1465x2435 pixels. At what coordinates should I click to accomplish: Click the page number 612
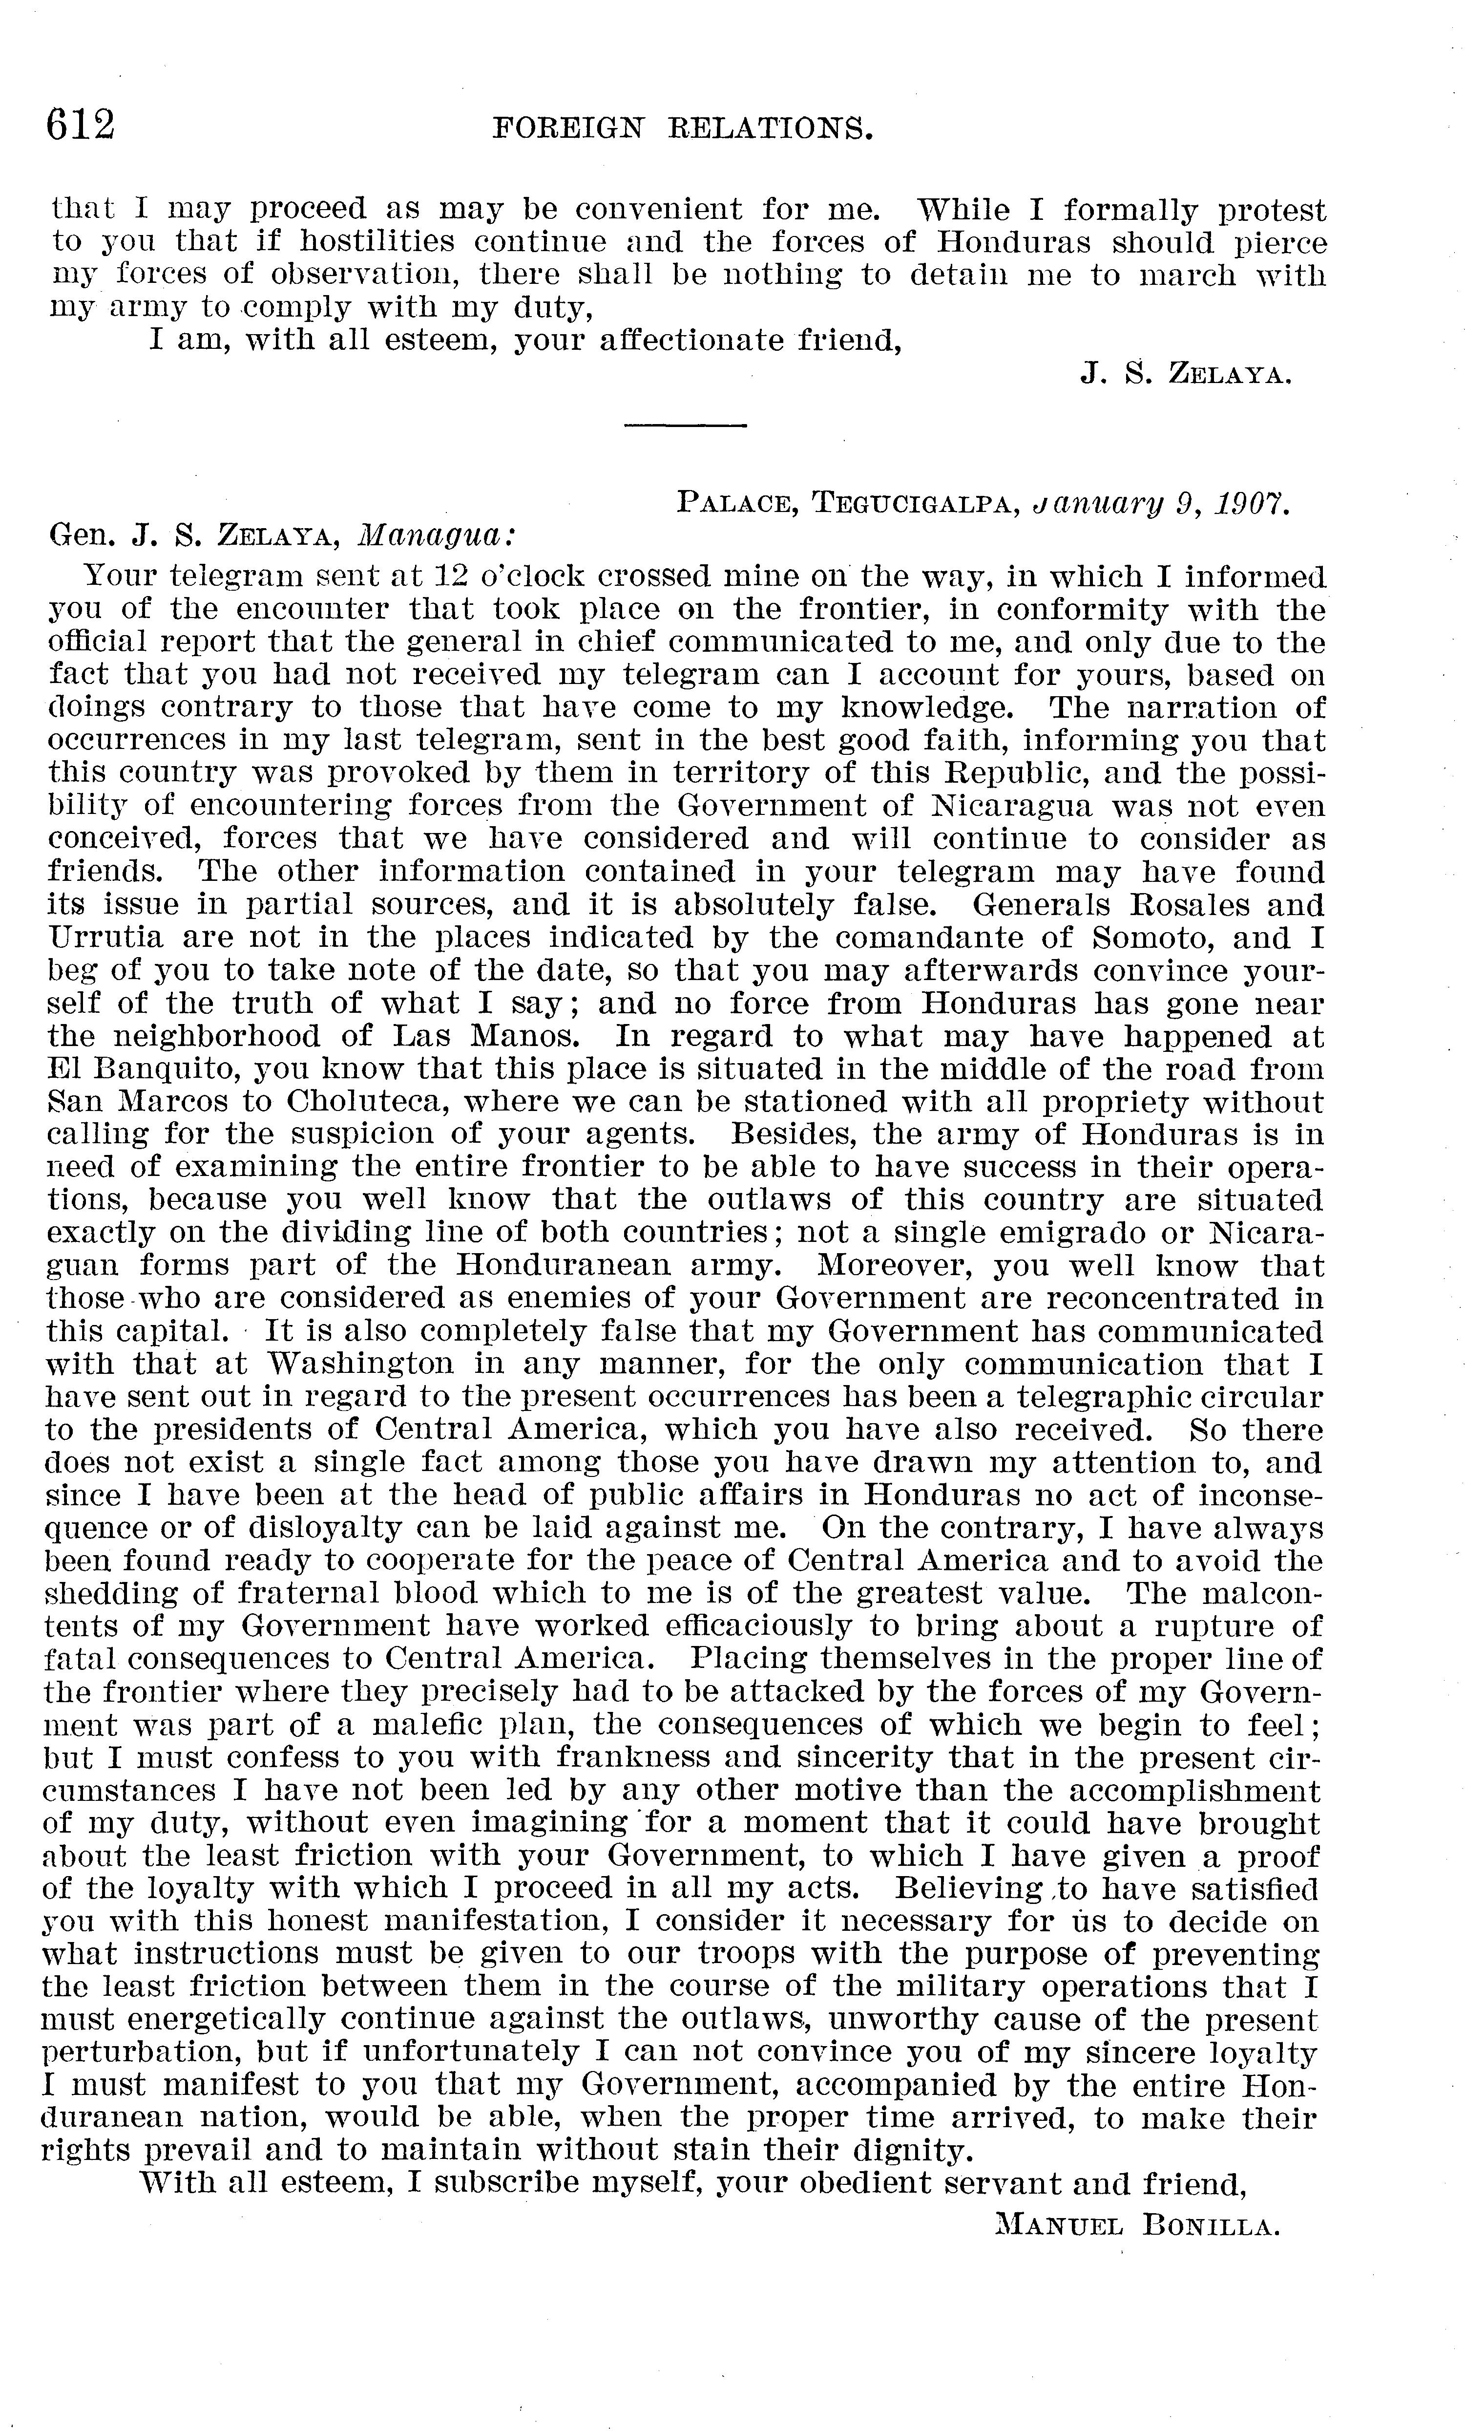click(x=81, y=126)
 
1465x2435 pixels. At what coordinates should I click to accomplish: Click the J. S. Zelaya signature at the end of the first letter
click(x=1186, y=374)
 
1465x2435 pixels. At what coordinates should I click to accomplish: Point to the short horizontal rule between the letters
click(x=685, y=426)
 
